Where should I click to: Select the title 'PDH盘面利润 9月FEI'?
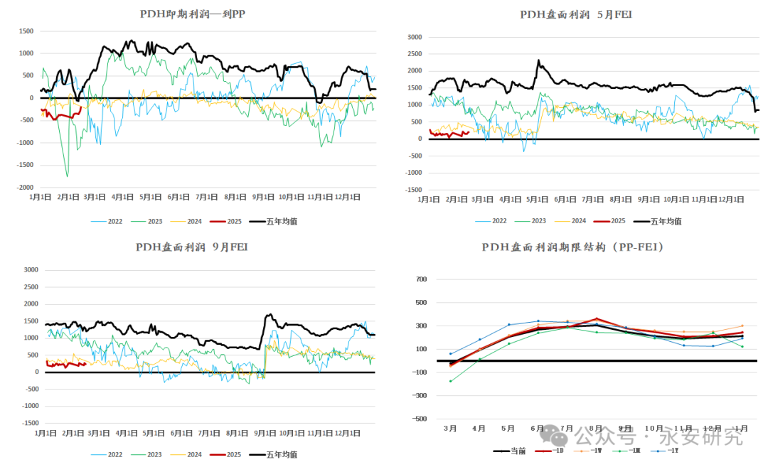pyautogui.click(x=192, y=247)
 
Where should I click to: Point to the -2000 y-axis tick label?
pyautogui.click(x=26, y=188)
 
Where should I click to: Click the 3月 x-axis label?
pyautogui.click(x=450, y=429)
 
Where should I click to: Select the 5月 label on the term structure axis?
pyautogui.click(x=508, y=429)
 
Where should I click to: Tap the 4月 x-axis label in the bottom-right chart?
pyautogui.click(x=479, y=429)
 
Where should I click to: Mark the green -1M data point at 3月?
pyautogui.click(x=450, y=381)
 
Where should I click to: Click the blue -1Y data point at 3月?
pyautogui.click(x=450, y=353)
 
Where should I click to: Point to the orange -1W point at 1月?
pyautogui.click(x=742, y=326)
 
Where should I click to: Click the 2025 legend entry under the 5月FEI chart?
pyautogui.click(x=618, y=221)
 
